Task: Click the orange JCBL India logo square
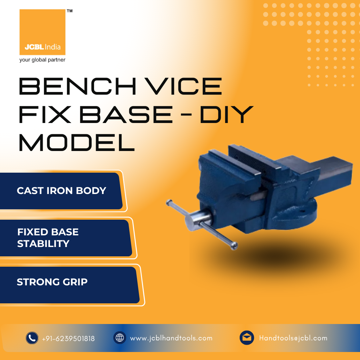point(42,32)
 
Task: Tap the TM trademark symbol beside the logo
point(70,11)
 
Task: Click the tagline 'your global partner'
point(42,60)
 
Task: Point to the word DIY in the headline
point(227,114)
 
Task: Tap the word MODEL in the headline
point(77,143)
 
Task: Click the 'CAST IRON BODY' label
point(62,191)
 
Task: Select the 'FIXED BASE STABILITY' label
point(48,238)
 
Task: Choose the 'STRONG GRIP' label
point(52,282)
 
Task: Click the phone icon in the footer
point(32,338)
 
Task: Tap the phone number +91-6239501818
point(68,339)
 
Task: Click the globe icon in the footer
point(120,338)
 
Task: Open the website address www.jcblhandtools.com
point(171,338)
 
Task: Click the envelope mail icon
point(247,338)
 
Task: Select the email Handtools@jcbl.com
point(293,338)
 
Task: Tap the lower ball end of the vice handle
point(234,246)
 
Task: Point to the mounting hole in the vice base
point(302,211)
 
